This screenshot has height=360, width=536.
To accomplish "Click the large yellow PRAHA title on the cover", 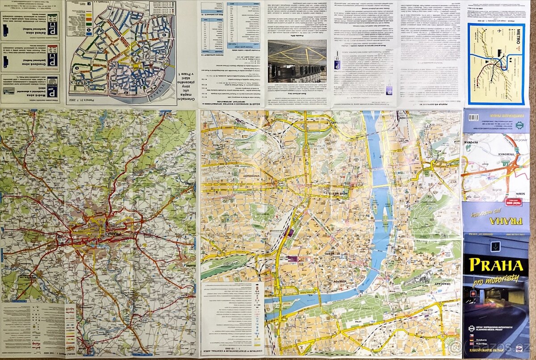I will (496, 265).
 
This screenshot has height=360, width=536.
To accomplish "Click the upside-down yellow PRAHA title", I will (495, 220).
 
